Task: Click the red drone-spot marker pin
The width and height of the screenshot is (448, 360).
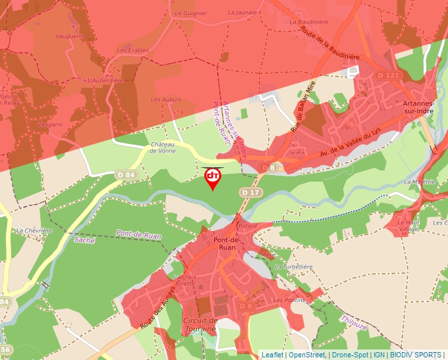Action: click(x=213, y=178)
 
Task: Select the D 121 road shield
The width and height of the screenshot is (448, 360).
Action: click(x=389, y=76)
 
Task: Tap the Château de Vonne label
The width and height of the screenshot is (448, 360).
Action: click(x=163, y=147)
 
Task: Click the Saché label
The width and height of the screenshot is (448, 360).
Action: click(x=84, y=240)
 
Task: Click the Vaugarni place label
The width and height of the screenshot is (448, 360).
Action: click(x=50, y=124)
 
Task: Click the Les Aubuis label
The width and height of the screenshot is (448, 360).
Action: click(x=165, y=99)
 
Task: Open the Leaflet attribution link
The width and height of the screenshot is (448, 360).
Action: click(x=272, y=355)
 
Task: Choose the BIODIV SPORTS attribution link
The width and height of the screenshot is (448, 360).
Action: click(x=417, y=355)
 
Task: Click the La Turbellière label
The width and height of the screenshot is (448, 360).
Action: click(x=292, y=267)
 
